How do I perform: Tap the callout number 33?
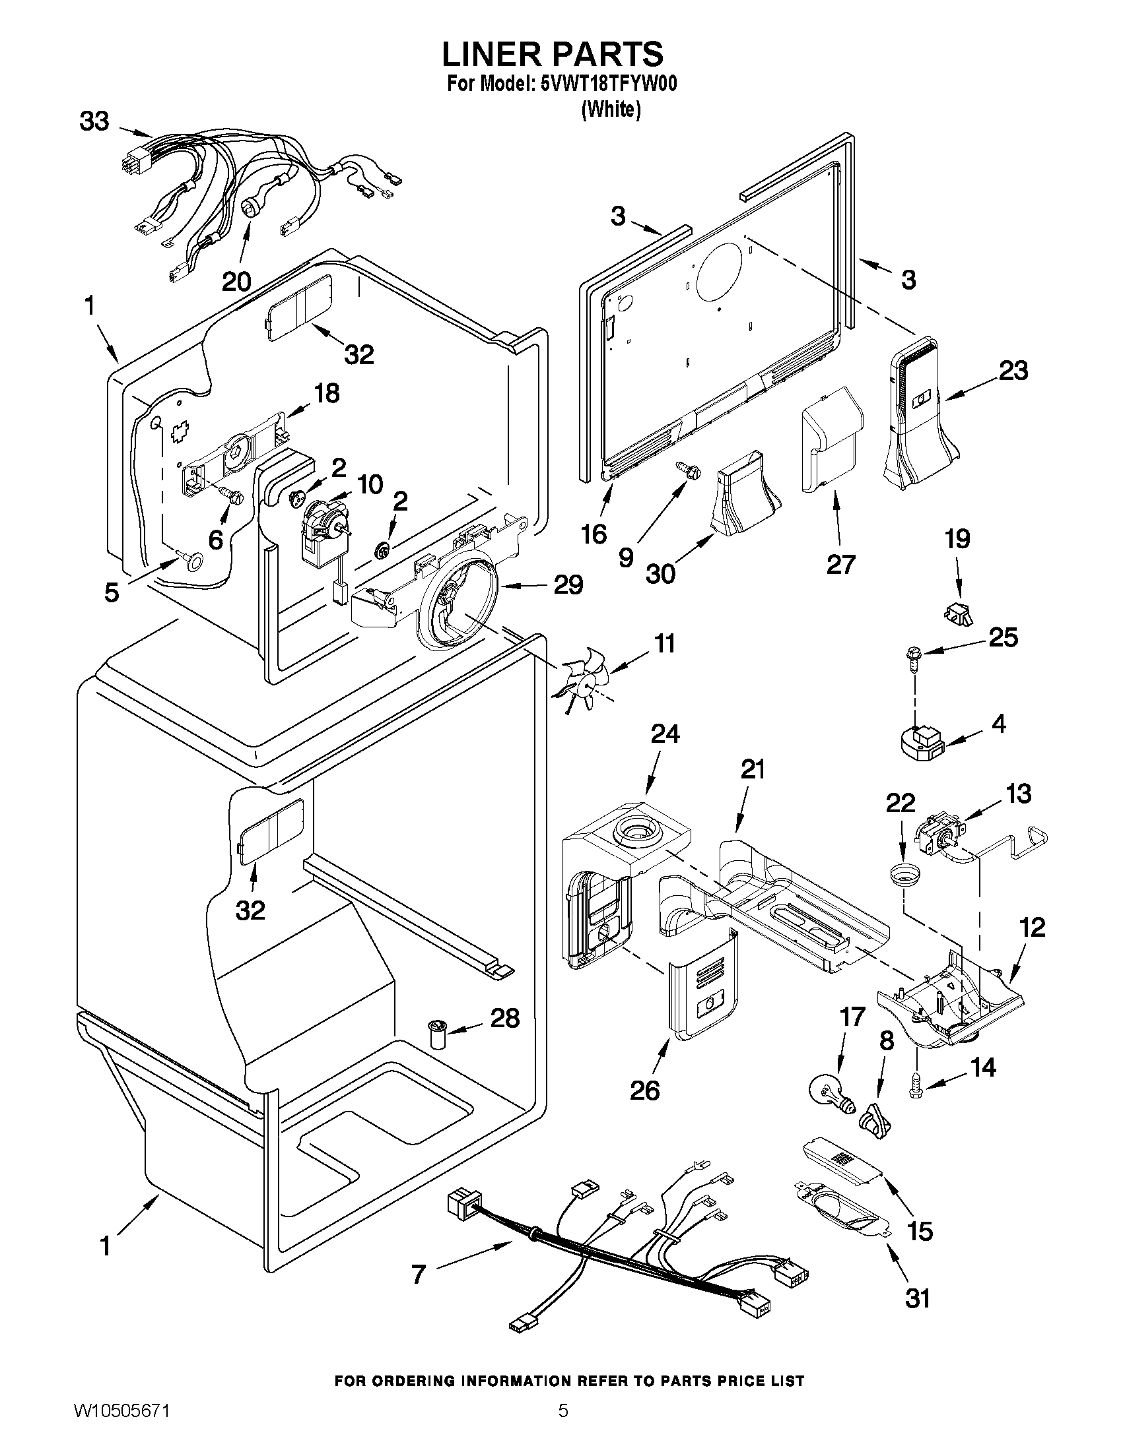click(x=94, y=121)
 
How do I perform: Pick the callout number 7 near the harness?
click(x=419, y=1274)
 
